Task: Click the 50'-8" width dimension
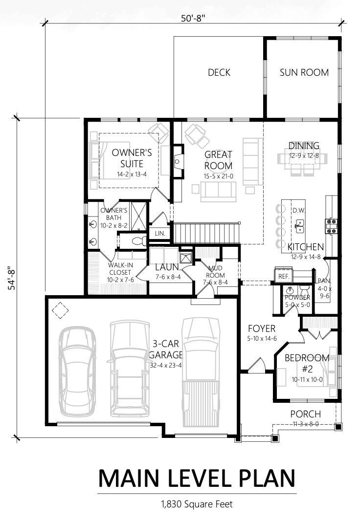pyautogui.click(x=193, y=18)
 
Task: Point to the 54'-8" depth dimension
pyautogui.click(x=12, y=278)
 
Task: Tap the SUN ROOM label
pyautogui.click(x=304, y=72)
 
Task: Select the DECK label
pyautogui.click(x=219, y=72)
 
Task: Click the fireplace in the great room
pyautogui.click(x=178, y=162)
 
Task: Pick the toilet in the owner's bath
pyautogui.click(x=139, y=240)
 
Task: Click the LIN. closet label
pyautogui.click(x=160, y=234)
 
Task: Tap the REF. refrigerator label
pyautogui.click(x=284, y=277)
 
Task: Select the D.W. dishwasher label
pyautogui.click(x=299, y=211)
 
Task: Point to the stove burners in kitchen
pyautogui.click(x=332, y=226)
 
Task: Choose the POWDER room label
pyautogui.click(x=297, y=297)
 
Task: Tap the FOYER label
pyautogui.click(x=262, y=328)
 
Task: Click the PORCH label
pyautogui.click(x=305, y=414)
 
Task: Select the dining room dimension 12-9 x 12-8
pyautogui.click(x=304, y=156)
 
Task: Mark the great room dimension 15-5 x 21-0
pyautogui.click(x=218, y=176)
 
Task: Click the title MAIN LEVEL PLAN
pyautogui.click(x=197, y=478)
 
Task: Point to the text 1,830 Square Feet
pyautogui.click(x=197, y=503)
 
